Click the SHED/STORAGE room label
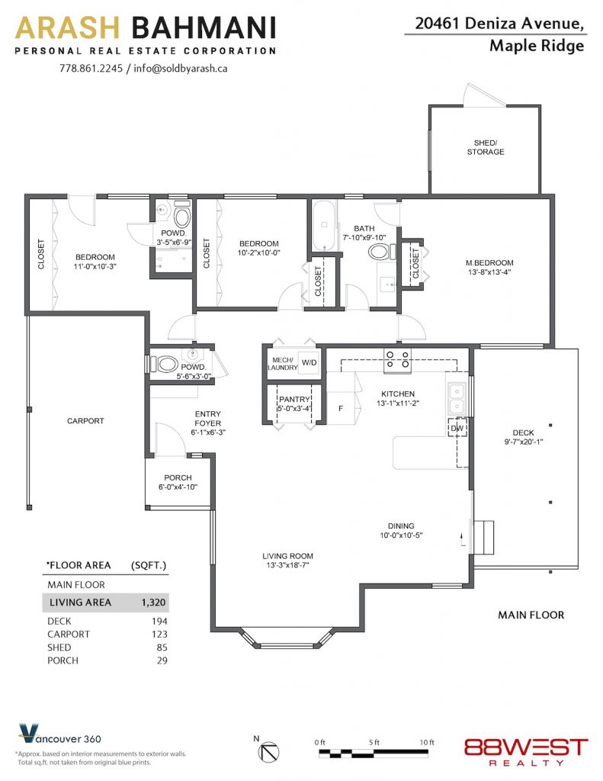coord(485,147)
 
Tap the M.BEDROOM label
coord(489,263)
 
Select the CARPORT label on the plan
coord(85,421)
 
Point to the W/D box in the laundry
coord(310,362)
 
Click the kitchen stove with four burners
coord(397,360)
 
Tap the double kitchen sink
coord(456,399)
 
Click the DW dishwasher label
coord(457,428)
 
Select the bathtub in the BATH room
coord(324,226)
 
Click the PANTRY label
coord(294,400)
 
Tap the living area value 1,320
coord(153,603)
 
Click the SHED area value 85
coord(162,648)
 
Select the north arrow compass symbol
coord(271,751)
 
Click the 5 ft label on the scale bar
coord(374,742)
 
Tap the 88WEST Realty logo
coord(526,752)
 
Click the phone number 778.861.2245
coord(91,68)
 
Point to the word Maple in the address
coord(510,46)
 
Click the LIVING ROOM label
coord(288,556)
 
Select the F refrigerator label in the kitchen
coord(341,409)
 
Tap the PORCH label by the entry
coord(178,477)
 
